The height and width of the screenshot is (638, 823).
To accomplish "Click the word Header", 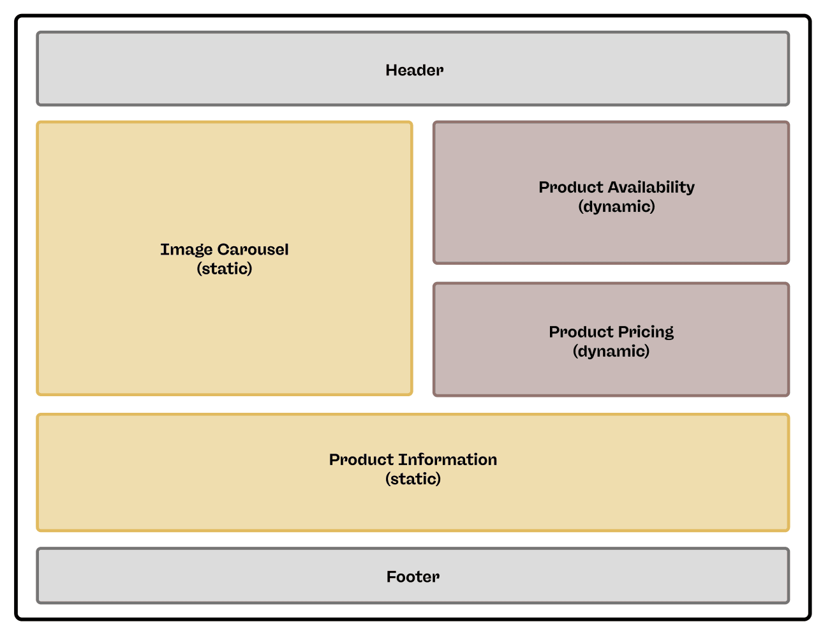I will pyautogui.click(x=414, y=70).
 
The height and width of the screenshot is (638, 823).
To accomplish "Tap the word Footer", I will pyautogui.click(x=413, y=577).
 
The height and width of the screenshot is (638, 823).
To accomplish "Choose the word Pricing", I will pyautogui.click(x=645, y=332).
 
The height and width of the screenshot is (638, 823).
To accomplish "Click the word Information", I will pyautogui.click(x=448, y=460).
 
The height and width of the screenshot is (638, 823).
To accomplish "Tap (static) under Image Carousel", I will pyautogui.click(x=225, y=269).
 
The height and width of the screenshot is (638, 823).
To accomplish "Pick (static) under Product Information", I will pyautogui.click(x=413, y=479).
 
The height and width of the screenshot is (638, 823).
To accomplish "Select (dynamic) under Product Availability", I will pyautogui.click(x=616, y=207).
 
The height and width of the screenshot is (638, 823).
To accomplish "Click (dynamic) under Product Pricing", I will pyautogui.click(x=611, y=352).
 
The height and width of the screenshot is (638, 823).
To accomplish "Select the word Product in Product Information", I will pyautogui.click(x=361, y=460).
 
